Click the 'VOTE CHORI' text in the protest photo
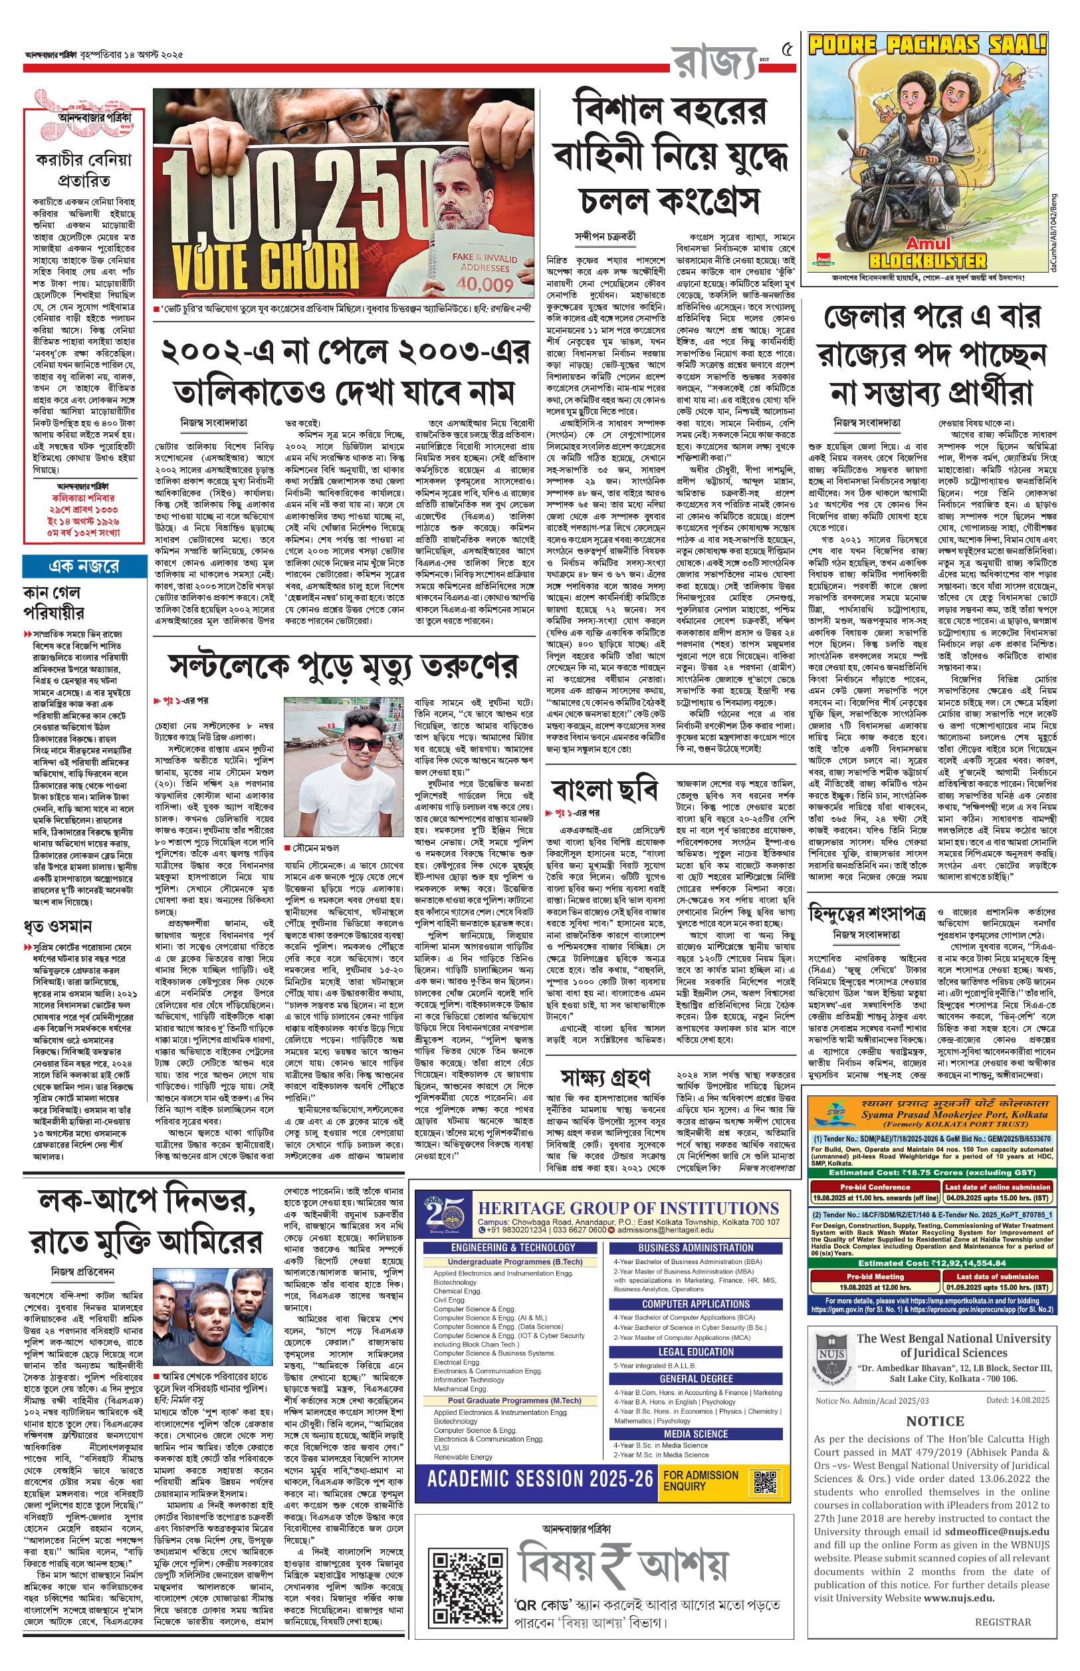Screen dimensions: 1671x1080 click(266, 265)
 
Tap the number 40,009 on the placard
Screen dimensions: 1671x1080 click(485, 285)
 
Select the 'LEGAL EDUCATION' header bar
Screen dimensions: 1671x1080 click(696, 1351)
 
